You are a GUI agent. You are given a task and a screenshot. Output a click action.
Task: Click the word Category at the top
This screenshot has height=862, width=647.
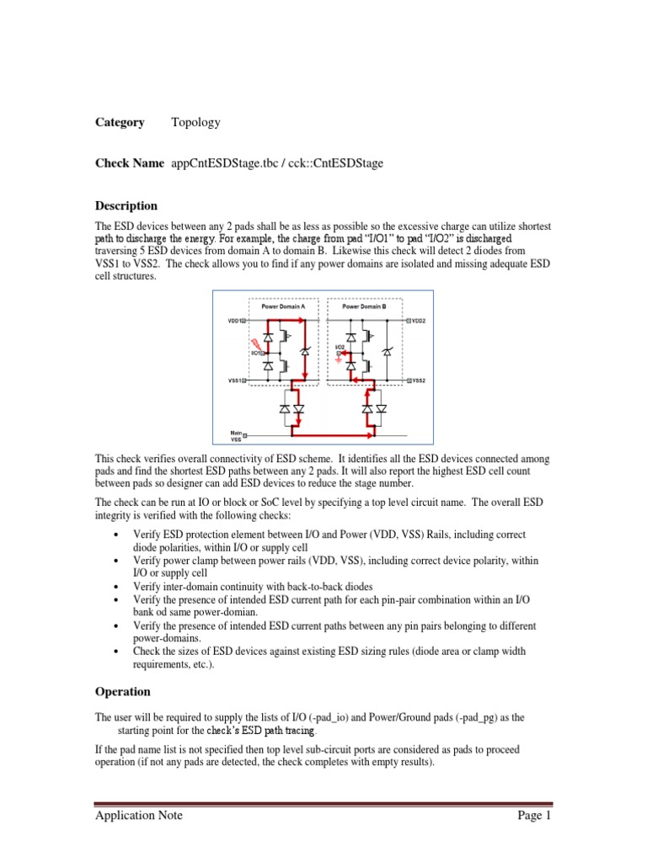click(120, 122)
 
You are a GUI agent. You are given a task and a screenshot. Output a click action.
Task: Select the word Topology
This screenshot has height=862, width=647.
click(195, 122)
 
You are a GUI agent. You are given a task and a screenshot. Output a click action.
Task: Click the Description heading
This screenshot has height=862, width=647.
click(126, 205)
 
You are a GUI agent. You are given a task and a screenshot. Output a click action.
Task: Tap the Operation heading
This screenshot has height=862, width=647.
click(123, 691)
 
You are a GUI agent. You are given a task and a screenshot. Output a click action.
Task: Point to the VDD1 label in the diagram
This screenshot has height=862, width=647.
click(235, 321)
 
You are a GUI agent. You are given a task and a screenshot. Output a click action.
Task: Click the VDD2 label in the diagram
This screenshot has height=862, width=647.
click(419, 321)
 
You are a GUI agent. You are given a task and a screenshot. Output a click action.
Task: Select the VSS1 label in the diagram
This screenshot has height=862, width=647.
click(235, 380)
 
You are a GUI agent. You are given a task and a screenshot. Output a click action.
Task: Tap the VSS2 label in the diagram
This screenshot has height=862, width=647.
click(419, 380)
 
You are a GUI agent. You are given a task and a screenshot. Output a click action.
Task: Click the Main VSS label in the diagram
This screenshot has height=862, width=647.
click(237, 436)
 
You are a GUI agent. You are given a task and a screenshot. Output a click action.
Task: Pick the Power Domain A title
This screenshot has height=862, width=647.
click(270, 306)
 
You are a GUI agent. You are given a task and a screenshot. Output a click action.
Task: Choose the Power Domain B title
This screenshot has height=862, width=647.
click(364, 306)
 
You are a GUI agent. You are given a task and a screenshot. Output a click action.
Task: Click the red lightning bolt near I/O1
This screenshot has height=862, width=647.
click(252, 343)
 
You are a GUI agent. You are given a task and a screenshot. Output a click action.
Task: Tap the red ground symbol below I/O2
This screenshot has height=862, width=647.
click(338, 359)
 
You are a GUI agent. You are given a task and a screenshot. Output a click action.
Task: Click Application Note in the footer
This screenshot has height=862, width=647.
click(139, 815)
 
